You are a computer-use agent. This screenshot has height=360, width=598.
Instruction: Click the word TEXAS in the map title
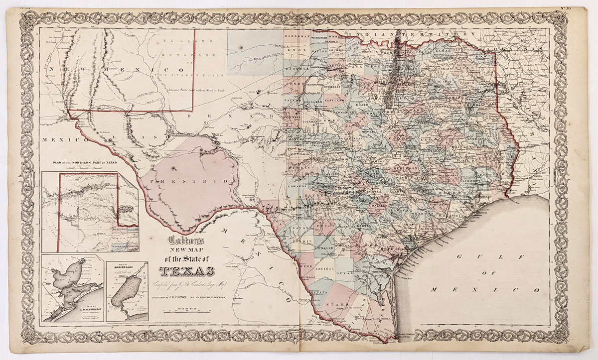click(x=187, y=271)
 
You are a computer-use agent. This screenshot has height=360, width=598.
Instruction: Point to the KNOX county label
click(x=297, y=50)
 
